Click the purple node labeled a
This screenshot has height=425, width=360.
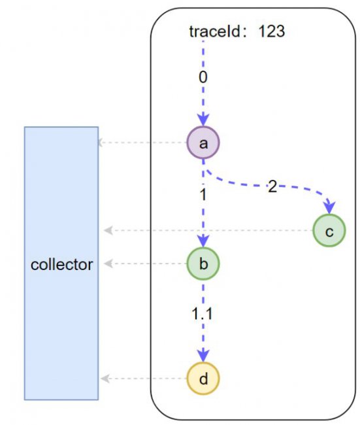point(203,143)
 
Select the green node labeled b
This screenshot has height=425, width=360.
point(203,263)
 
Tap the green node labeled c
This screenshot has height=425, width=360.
point(329,231)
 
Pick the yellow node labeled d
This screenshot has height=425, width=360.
point(203,379)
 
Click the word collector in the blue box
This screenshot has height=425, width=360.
point(62,265)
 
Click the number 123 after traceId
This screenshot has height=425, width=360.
point(271,31)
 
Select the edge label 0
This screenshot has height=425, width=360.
point(203,77)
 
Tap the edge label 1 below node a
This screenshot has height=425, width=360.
point(203,195)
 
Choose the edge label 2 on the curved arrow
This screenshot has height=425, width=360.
point(272,187)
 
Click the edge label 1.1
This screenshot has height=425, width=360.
point(202,314)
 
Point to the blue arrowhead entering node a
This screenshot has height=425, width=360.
point(203,120)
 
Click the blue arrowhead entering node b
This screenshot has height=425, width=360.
point(203,241)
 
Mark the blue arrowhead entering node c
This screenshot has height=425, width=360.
point(330,208)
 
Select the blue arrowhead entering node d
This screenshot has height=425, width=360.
point(203,356)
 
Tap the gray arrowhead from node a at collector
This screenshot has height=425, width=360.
point(100,143)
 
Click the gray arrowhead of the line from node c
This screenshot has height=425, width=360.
point(108,231)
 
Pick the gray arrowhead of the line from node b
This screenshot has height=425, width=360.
point(108,263)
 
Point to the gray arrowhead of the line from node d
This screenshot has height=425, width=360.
point(105,379)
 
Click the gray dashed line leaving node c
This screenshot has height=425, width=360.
point(208,231)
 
